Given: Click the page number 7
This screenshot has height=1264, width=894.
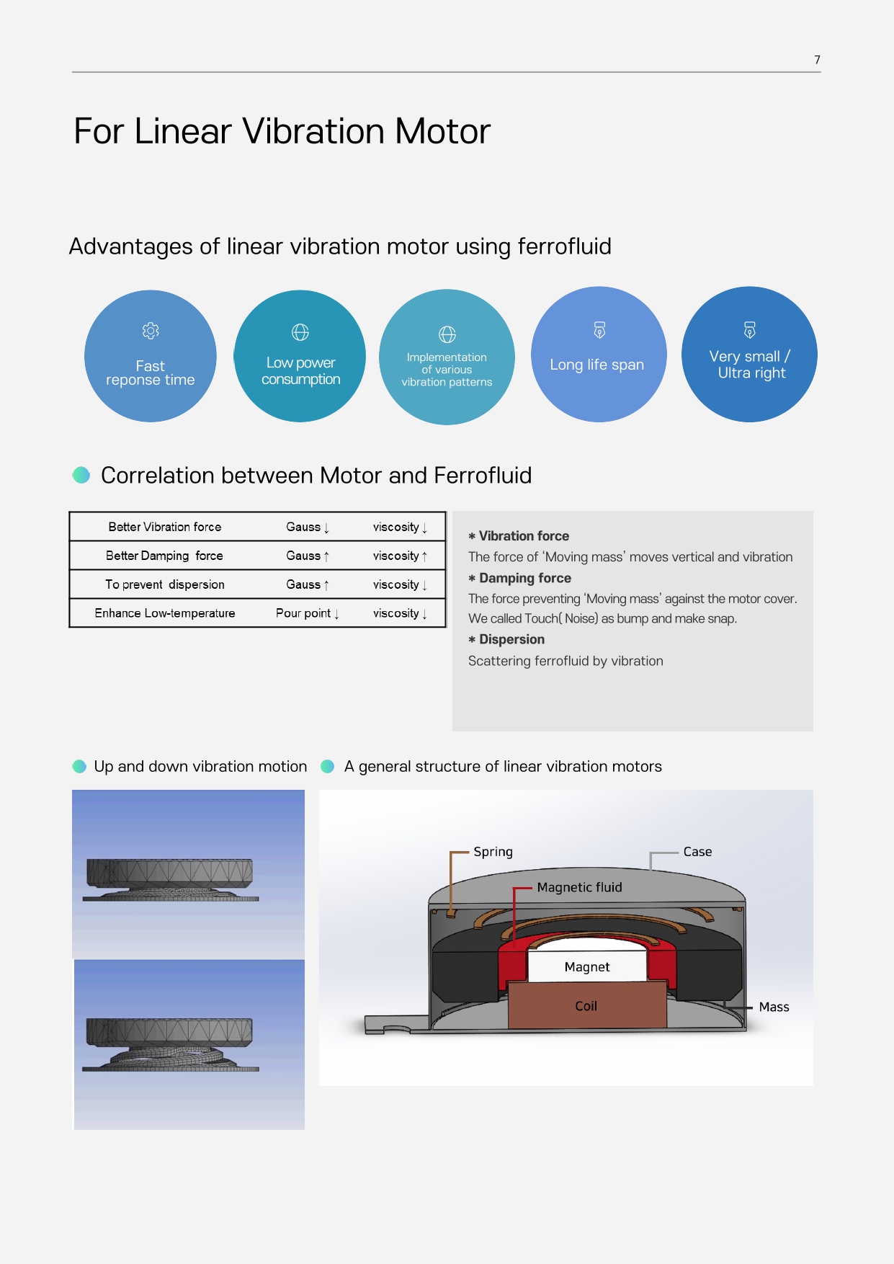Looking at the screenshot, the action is tap(817, 60).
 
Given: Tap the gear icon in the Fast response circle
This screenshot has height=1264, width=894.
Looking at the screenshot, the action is tap(151, 331).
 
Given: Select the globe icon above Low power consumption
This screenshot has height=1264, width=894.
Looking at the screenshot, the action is tap(300, 332).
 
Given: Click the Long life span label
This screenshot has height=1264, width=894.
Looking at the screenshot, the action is tap(596, 365).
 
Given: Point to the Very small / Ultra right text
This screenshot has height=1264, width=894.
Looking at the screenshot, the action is tap(750, 365).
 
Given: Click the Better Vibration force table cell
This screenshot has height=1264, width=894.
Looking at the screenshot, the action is tap(165, 527).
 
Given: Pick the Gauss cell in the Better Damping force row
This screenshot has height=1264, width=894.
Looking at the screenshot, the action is tap(308, 556).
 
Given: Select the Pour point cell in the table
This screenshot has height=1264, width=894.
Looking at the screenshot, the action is tap(308, 613).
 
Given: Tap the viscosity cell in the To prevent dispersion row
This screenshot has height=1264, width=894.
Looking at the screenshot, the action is tap(401, 584).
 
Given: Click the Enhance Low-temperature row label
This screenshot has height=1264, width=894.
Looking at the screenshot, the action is tap(165, 613).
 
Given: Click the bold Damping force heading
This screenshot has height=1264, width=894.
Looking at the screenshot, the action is tap(525, 578).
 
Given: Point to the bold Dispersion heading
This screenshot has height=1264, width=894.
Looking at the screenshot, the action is tap(512, 639).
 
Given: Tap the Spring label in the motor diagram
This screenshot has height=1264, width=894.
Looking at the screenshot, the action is tap(493, 852).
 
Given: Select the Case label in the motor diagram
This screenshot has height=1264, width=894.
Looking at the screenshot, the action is tap(697, 852).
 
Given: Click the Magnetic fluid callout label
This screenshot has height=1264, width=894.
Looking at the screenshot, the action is tap(580, 887).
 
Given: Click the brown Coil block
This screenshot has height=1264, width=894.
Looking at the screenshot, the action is tap(586, 1005).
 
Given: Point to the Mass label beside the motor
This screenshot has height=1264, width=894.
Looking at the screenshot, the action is tap(774, 1007).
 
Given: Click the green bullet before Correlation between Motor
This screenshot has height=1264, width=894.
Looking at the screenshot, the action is tap(81, 475).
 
